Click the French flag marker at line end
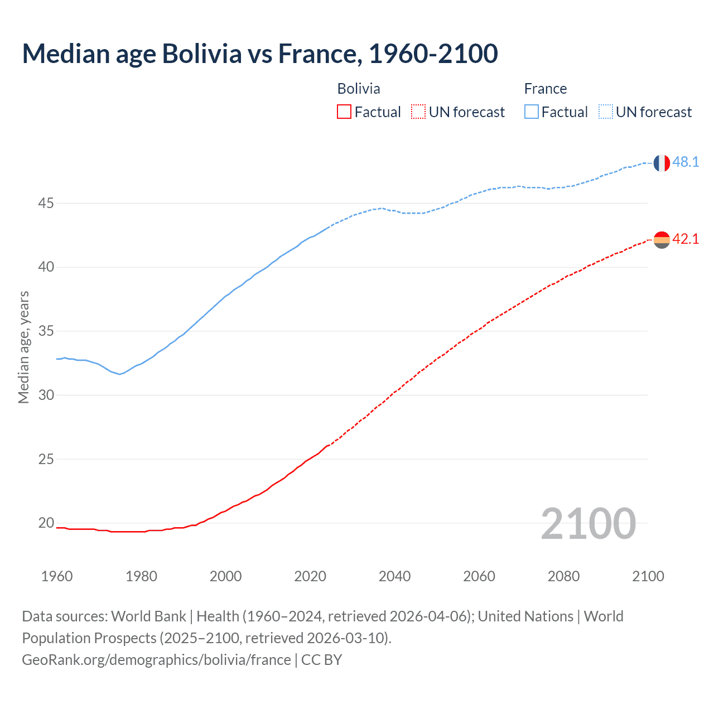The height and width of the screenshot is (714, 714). click(662, 163)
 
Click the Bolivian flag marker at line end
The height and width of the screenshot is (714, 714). click(662, 240)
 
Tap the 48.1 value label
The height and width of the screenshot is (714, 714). click(686, 162)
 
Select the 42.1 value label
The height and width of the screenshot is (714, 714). click(686, 239)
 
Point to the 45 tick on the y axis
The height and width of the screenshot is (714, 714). click(46, 204)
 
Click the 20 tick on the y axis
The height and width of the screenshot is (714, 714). click(46, 523)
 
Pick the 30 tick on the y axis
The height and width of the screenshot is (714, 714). click(46, 395)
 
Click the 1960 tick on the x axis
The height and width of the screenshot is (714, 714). click(57, 576)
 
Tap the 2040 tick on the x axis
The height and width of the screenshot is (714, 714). click(394, 576)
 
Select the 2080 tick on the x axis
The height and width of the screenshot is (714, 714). click(563, 576)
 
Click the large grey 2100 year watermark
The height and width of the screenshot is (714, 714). click(588, 524)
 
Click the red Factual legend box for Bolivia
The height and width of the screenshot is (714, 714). click(344, 112)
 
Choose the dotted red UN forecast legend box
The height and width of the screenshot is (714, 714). click(418, 112)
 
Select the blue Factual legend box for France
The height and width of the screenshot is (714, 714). click(532, 112)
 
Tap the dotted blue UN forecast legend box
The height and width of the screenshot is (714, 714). click(606, 112)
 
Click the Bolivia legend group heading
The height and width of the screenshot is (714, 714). click(359, 89)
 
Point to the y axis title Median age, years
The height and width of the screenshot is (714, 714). click(23, 347)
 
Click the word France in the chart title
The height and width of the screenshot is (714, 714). click(317, 54)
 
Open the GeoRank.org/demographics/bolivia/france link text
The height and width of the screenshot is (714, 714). click(156, 660)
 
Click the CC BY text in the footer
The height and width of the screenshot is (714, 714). click(321, 660)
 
